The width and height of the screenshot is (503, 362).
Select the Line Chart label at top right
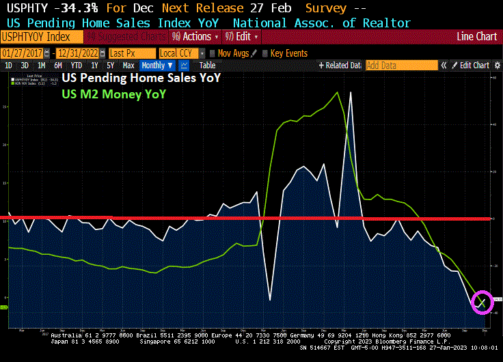pyautogui.click(x=477, y=36)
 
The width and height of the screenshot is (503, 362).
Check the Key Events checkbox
pyautogui.click(x=266, y=53)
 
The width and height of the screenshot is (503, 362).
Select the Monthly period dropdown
pyautogui.click(x=157, y=66)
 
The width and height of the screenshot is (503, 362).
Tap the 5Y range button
pyautogui.click(x=111, y=66)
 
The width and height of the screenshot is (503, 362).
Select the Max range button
pyautogui.click(x=128, y=66)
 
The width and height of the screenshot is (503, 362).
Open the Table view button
pyautogui.click(x=207, y=66)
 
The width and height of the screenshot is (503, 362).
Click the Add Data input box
pyautogui.click(x=401, y=66)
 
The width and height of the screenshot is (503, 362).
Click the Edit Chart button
pyautogui.click(x=471, y=66)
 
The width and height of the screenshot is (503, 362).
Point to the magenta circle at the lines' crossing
pyautogui.click(x=482, y=301)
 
